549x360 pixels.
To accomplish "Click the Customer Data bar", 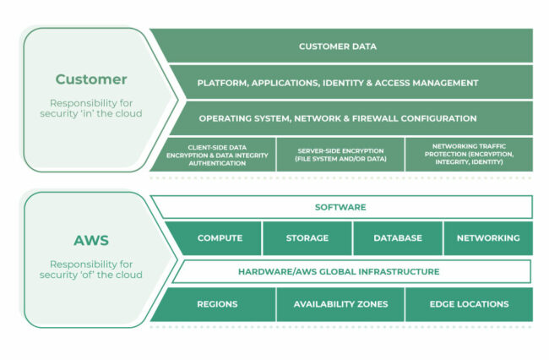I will click(x=338, y=46).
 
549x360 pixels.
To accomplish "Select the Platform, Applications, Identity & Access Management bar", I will click(x=338, y=83).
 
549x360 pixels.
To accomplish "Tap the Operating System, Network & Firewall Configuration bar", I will click(x=338, y=118).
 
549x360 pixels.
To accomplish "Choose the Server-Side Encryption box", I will click(x=340, y=155).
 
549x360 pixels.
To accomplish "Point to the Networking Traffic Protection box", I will click(x=468, y=155).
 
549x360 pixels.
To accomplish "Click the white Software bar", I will click(x=340, y=207).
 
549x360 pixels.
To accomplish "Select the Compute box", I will click(x=220, y=238).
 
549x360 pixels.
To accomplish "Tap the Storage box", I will click(x=307, y=238).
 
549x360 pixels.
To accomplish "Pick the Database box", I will click(x=398, y=238).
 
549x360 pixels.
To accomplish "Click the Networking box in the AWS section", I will click(x=488, y=238).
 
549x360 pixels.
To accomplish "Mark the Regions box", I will click(x=217, y=304).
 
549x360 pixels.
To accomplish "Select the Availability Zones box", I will click(x=340, y=304).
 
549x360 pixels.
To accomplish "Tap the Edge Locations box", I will click(x=469, y=304).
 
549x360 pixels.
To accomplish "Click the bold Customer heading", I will click(x=91, y=79).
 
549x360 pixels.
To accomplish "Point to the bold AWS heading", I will click(x=91, y=240).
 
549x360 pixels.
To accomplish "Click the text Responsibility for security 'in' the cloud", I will click(x=91, y=107).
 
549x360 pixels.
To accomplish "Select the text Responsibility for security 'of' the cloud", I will click(x=91, y=269).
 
